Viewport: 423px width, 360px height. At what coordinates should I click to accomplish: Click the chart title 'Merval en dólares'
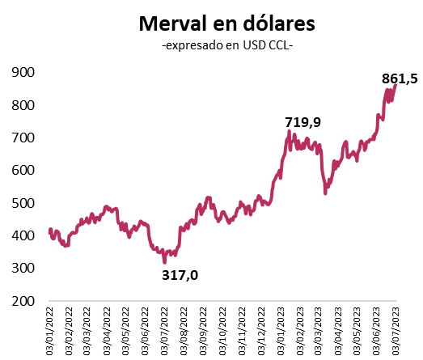[x=227, y=23]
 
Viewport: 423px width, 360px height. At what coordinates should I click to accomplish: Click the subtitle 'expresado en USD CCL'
[x=227, y=46]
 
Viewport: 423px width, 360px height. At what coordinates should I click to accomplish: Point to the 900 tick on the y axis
[x=22, y=73]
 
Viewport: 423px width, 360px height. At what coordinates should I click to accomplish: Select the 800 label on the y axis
[x=22, y=105]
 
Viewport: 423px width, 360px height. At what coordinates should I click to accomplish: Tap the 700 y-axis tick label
[x=22, y=138]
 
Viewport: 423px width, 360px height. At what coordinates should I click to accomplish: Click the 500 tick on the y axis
[x=22, y=203]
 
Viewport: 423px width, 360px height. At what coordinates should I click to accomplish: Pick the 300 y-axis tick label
[x=22, y=268]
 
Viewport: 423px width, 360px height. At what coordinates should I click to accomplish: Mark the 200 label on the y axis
[x=22, y=300]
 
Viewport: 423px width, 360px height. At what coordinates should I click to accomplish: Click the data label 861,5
[x=399, y=78]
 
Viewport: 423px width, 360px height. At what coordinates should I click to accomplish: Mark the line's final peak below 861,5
[x=396, y=85]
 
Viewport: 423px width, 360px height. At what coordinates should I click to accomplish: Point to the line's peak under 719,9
[x=290, y=132]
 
